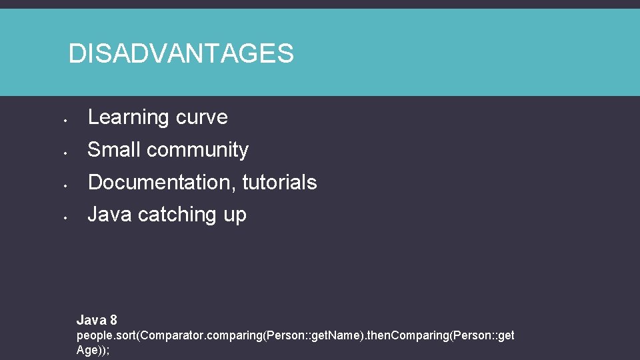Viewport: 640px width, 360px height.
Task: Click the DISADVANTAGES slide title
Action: (x=181, y=53)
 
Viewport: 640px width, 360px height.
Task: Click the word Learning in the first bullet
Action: (x=120, y=117)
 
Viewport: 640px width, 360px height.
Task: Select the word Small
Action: (x=114, y=150)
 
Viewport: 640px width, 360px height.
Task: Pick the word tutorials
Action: (x=279, y=182)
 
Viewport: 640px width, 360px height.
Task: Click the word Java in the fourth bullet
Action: (x=109, y=215)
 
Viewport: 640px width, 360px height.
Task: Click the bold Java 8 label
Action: (x=97, y=320)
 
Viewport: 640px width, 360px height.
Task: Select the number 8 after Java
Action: (x=113, y=320)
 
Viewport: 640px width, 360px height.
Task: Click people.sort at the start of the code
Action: (x=105, y=335)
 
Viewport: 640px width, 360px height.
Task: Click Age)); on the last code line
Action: (x=93, y=349)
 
